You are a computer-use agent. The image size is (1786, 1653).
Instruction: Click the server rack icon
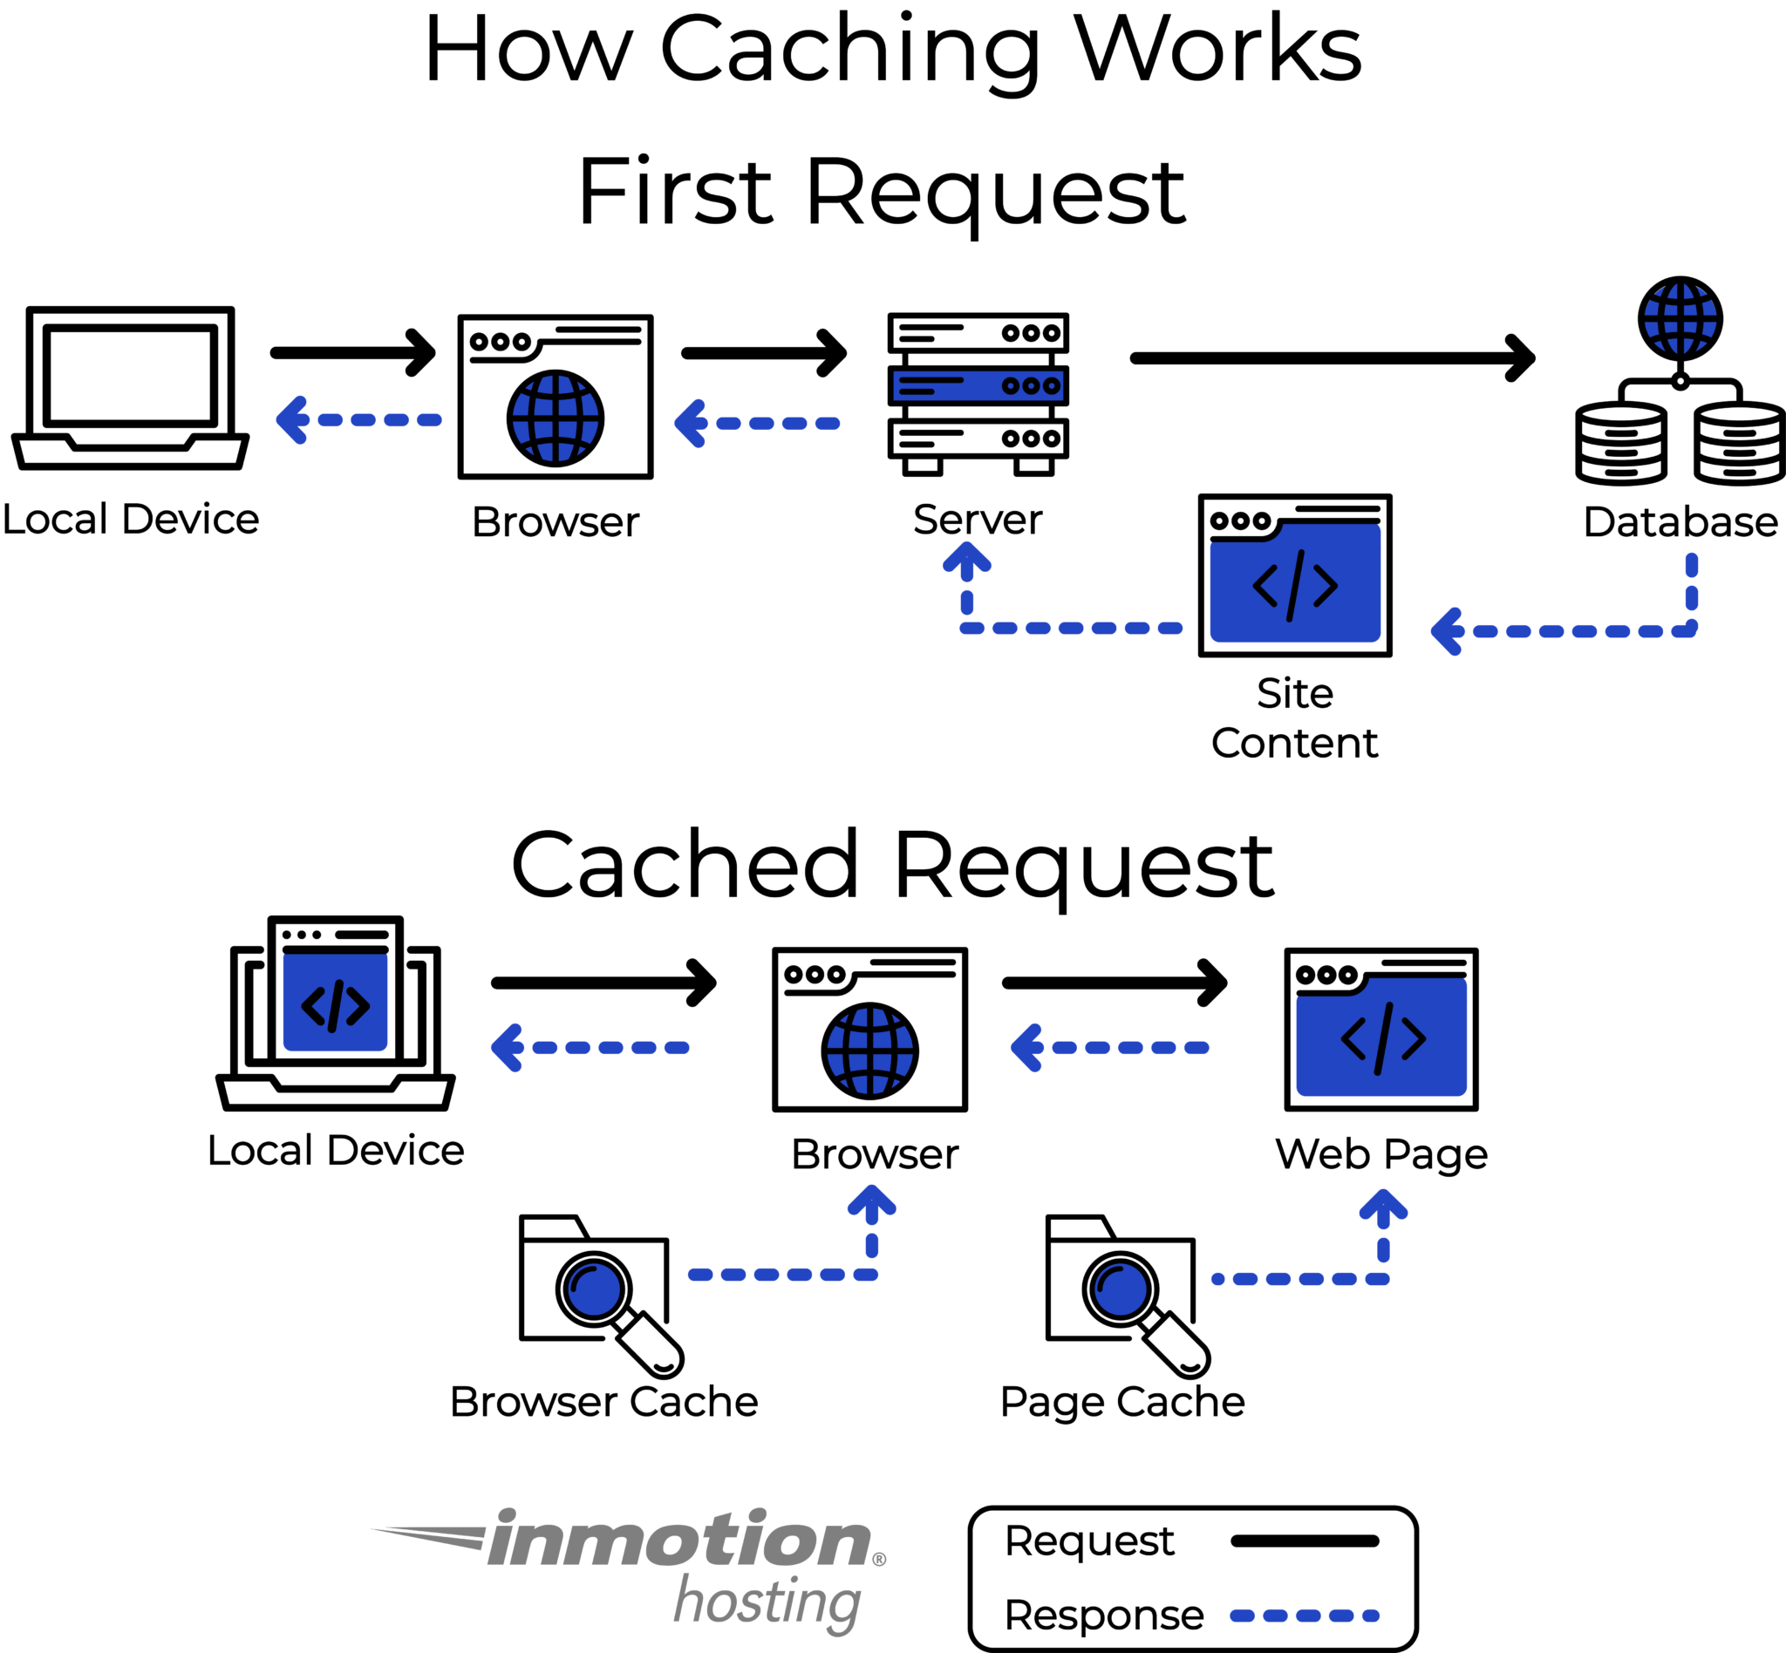tap(977, 385)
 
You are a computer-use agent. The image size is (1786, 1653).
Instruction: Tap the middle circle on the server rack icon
tap(1031, 385)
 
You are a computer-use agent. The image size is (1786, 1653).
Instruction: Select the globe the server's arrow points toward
tap(555, 418)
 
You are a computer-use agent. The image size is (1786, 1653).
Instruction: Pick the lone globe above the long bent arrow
tap(1680, 318)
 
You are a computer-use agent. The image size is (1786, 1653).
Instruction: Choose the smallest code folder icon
tap(335, 1003)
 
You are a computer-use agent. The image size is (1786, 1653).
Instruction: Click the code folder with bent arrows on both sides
tap(1295, 584)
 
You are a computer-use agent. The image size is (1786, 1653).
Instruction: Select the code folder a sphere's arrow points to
tap(1380, 1037)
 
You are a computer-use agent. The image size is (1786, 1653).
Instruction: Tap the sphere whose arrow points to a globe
tap(594, 1289)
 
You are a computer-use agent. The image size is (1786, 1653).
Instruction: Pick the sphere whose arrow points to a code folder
tap(1121, 1289)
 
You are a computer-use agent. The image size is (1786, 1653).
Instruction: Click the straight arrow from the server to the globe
tap(757, 423)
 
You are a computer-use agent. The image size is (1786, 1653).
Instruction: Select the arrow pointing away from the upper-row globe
tap(358, 419)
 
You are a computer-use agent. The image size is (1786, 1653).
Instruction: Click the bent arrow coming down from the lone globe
tap(1575, 629)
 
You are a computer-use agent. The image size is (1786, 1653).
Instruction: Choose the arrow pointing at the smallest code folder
tap(590, 1047)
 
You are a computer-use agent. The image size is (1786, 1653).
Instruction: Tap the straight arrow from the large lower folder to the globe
tap(1109, 1047)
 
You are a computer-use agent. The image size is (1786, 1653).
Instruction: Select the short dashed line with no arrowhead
tap(1305, 1616)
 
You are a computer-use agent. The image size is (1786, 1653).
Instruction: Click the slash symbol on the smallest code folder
tap(336, 1006)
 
